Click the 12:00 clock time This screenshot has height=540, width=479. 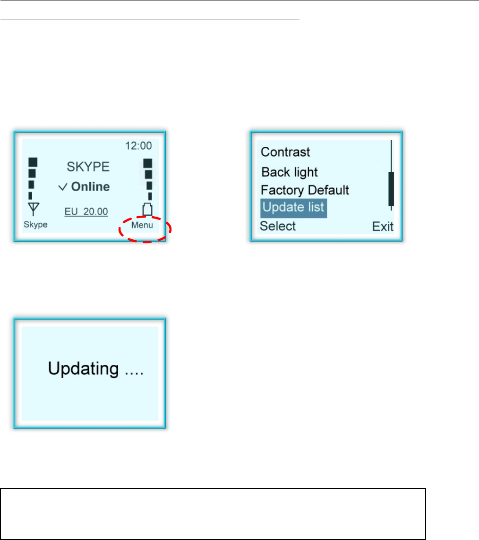click(x=138, y=145)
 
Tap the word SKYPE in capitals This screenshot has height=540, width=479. click(x=88, y=166)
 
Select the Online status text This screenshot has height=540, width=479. click(x=90, y=187)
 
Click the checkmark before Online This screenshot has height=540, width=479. click(x=63, y=187)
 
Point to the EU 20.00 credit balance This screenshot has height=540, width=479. click(x=86, y=212)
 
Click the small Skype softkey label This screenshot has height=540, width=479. click(x=35, y=225)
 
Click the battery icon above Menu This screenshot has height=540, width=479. click(x=148, y=209)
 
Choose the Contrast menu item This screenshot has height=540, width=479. click(x=285, y=152)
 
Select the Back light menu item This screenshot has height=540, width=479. click(x=290, y=172)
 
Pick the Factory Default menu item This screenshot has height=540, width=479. click(x=305, y=190)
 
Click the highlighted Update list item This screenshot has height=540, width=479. click(x=293, y=208)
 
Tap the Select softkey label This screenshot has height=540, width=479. click(x=278, y=226)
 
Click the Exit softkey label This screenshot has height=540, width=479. click(x=382, y=227)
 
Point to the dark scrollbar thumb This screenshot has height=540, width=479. click(x=391, y=189)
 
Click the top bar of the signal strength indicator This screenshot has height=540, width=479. click(x=33, y=162)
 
